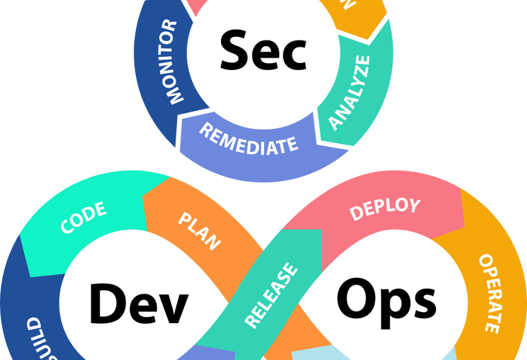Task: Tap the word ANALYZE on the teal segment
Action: pos(349,92)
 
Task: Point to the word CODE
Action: pos(83,217)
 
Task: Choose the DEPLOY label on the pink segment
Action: pos(384,207)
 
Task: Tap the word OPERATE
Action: pos(488,293)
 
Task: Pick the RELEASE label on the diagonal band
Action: pos(272,295)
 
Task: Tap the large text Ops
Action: pos(386,299)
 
